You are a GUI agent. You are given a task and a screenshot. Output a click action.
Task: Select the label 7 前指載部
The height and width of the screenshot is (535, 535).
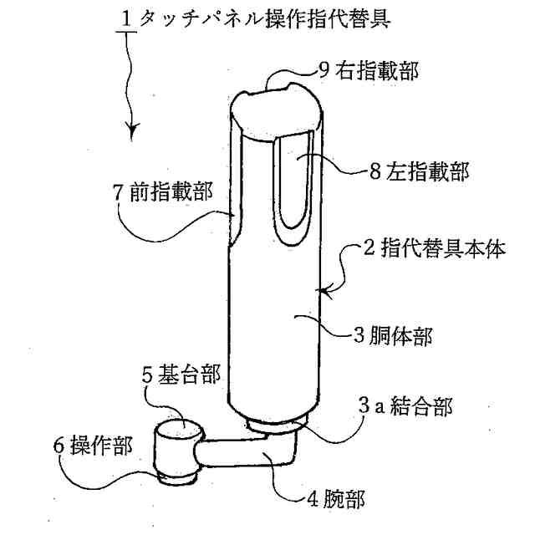click(160, 191)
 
